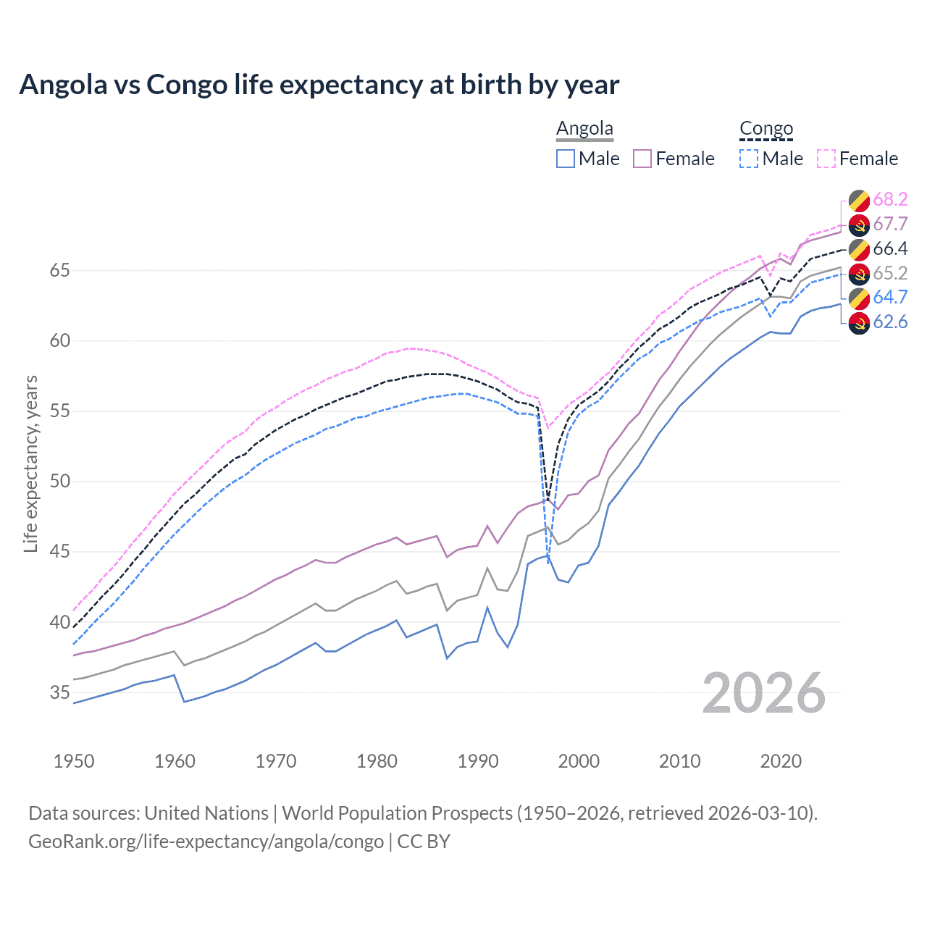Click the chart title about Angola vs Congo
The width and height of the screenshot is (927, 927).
pos(319,85)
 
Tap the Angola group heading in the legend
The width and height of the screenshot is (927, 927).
pos(584,128)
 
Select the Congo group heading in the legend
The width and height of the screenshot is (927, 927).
pos(766,128)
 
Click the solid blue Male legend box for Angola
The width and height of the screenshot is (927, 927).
pos(566,159)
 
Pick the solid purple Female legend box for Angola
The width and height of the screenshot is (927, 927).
pos(642,159)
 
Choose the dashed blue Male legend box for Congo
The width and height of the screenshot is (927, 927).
pos(749,159)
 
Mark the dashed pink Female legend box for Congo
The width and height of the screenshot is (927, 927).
pos(826,159)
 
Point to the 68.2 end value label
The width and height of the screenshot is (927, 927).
pos(890,200)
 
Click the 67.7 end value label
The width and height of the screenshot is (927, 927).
pos(890,225)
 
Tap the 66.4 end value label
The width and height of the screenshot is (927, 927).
pos(890,249)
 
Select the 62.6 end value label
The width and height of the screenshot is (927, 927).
pos(890,322)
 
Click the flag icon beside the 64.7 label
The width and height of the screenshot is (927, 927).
pos(859,298)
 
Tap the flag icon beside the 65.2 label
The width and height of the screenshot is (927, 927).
pos(859,274)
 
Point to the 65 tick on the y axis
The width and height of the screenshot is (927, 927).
pos(60,271)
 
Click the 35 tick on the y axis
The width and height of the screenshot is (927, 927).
pos(60,692)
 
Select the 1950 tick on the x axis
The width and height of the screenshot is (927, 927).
pos(74,761)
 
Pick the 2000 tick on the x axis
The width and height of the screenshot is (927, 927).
pos(579,761)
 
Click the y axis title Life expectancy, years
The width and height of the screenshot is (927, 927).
pos(30,463)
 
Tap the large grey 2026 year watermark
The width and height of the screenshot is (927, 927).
pos(764,693)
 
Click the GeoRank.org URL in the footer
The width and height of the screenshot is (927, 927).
pos(206,842)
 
